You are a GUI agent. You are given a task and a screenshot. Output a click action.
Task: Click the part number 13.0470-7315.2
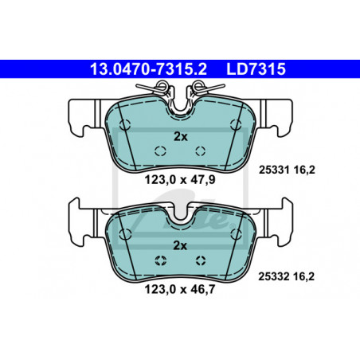tap(148, 69)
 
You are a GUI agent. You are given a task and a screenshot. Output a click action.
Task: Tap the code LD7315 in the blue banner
tap(256, 69)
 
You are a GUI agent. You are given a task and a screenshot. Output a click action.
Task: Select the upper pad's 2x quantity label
tap(181, 137)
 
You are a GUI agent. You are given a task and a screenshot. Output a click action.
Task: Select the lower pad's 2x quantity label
tap(180, 246)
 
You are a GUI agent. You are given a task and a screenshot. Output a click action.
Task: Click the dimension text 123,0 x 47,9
tap(180, 180)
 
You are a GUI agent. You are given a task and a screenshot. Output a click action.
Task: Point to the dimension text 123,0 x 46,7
tap(180, 289)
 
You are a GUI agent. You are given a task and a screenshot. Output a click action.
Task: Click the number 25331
tap(274, 170)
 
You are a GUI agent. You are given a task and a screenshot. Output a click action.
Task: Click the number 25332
tap(274, 276)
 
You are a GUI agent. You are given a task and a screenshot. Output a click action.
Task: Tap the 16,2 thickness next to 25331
tap(304, 170)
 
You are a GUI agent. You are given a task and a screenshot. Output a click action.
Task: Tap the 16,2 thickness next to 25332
tap(303, 277)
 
